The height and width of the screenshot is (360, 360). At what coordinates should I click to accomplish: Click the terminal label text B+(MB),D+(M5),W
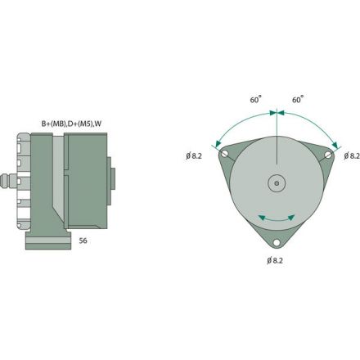pyautogui.click(x=72, y=124)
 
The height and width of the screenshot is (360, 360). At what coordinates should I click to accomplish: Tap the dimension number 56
pyautogui.click(x=83, y=241)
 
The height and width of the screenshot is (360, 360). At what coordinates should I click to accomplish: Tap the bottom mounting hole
pyautogui.click(x=277, y=242)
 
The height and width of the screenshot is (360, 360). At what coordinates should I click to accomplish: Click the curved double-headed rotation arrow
pyautogui.click(x=277, y=218)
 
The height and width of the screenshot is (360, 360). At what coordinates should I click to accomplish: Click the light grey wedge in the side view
pyautogui.click(x=54, y=188)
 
